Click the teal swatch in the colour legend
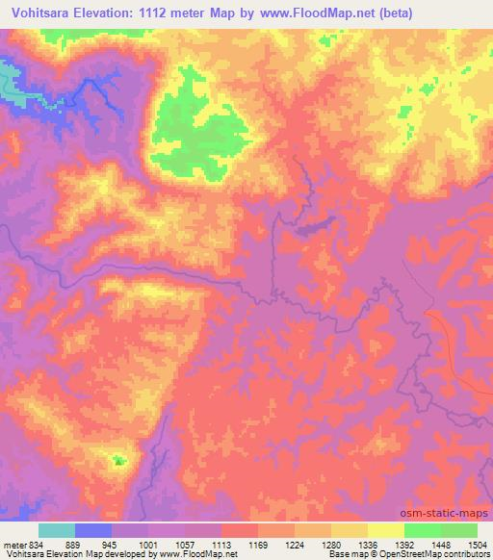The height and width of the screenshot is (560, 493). (x=57, y=530)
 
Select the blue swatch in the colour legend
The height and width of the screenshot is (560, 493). (x=93, y=530)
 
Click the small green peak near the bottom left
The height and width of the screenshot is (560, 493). (x=119, y=462)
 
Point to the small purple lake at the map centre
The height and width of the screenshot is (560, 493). (x=316, y=227)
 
